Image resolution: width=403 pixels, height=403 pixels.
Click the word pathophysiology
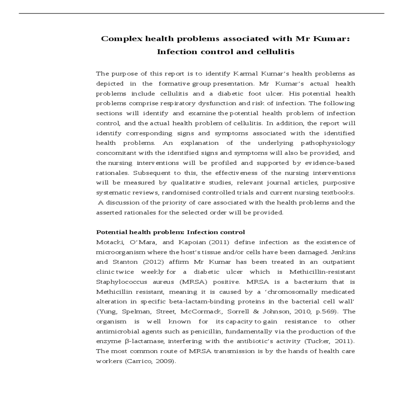328,143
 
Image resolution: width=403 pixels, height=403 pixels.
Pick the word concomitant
116,153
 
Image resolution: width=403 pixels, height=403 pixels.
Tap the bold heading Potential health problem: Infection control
171,232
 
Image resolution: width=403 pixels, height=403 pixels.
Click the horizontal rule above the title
201,13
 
